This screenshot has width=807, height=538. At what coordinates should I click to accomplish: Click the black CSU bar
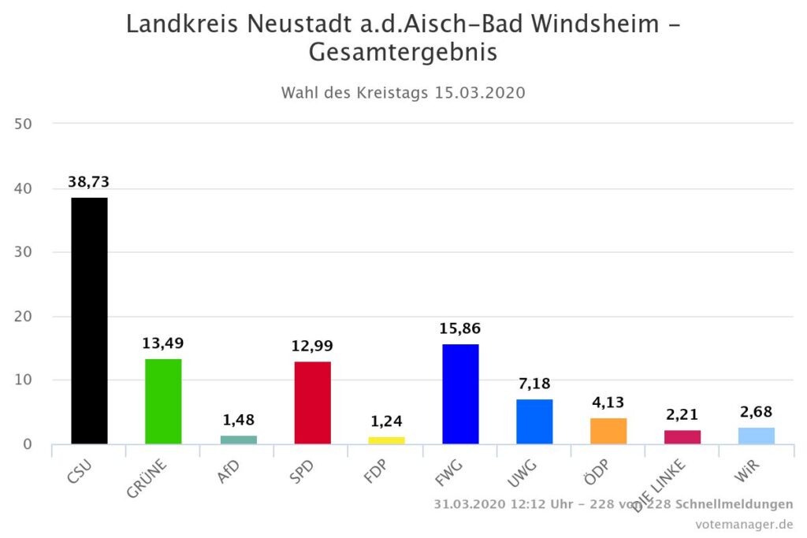[x=89, y=321]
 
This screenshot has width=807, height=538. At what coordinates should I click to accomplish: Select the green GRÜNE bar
[x=163, y=401]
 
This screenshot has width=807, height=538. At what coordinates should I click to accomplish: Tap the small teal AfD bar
[x=238, y=440]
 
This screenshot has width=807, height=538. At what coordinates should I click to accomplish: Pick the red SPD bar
[x=312, y=403]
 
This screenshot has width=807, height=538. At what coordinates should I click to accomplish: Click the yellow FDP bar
[x=386, y=440]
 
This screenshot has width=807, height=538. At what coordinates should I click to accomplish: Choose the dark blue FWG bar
[x=460, y=394]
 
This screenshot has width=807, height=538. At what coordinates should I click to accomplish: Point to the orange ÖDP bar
[x=608, y=431]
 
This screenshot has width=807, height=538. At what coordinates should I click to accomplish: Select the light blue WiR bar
[x=757, y=436]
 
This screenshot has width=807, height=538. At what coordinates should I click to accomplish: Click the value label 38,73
[x=89, y=182]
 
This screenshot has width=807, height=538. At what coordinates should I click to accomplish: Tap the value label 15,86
[x=460, y=328]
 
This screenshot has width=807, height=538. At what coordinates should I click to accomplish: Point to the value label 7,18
[x=534, y=384]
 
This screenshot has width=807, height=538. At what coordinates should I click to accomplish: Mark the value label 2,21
[x=682, y=415]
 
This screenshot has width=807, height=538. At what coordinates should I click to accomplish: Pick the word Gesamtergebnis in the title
[x=403, y=53]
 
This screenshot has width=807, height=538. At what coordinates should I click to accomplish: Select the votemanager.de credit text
[x=744, y=524]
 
